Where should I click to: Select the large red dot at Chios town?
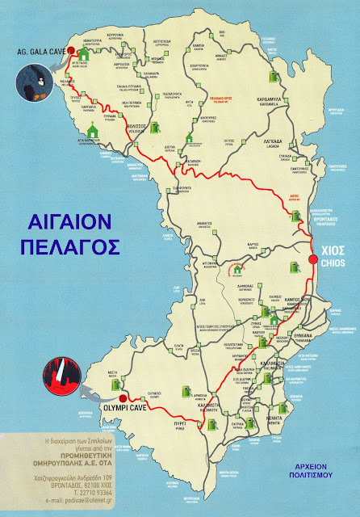pos(313,258)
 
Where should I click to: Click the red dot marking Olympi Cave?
pos(122,398)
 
